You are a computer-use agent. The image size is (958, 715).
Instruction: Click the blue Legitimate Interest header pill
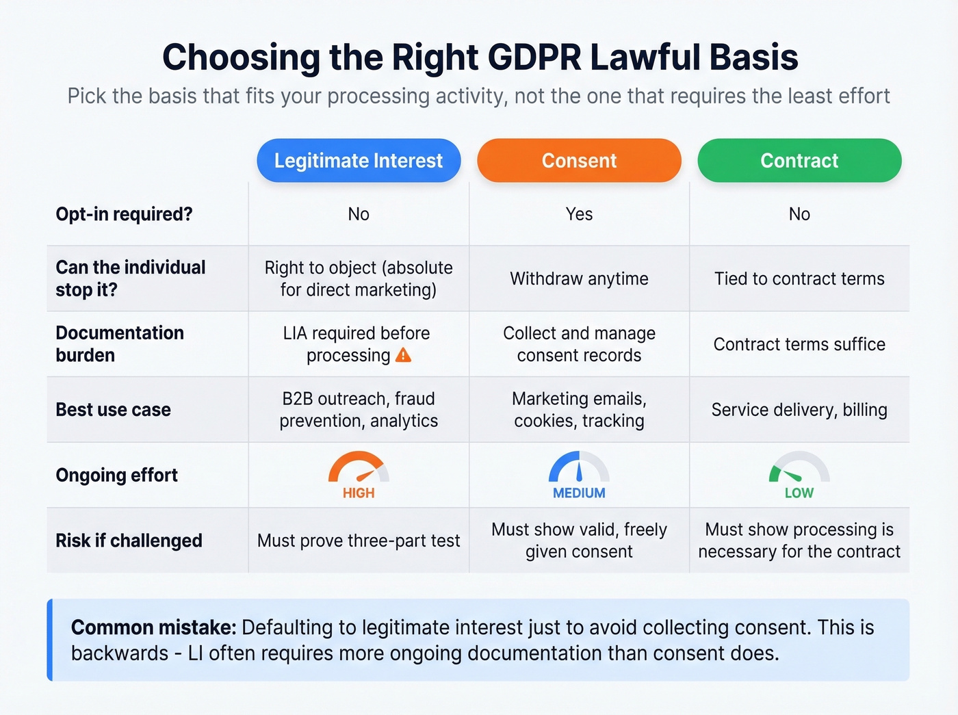(x=359, y=161)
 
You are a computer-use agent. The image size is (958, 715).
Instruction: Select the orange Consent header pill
(x=579, y=161)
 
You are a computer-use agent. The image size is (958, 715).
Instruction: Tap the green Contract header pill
(x=799, y=161)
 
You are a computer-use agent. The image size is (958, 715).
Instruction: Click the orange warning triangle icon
(x=404, y=354)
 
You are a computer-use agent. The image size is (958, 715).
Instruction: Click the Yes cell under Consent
(x=579, y=214)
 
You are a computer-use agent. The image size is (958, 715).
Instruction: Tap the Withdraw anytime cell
(x=579, y=278)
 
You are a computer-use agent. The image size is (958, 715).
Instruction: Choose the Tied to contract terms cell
(x=799, y=278)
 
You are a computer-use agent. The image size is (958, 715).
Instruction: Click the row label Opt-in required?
(x=124, y=214)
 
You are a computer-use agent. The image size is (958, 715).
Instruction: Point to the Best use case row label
(x=113, y=410)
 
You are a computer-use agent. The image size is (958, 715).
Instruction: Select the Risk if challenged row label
(x=129, y=541)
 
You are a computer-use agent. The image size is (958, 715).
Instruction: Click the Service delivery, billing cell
(x=799, y=410)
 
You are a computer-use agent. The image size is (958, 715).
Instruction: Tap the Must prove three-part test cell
(x=359, y=541)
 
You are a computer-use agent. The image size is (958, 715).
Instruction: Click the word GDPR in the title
(x=486, y=57)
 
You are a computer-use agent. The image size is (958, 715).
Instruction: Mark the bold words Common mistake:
(x=153, y=627)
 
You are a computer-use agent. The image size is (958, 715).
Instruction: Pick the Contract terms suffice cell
(x=799, y=344)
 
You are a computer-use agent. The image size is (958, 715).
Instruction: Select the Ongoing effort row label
(x=116, y=475)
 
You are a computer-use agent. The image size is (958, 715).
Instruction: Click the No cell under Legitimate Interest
(x=359, y=214)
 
